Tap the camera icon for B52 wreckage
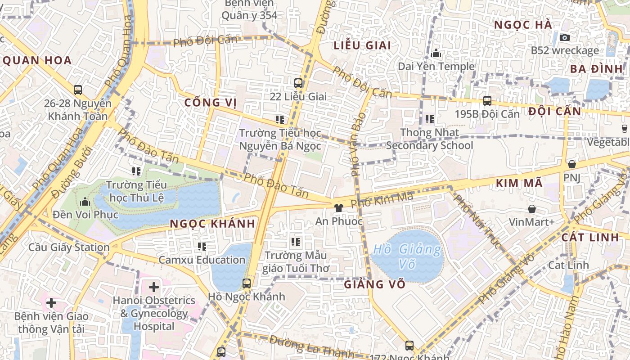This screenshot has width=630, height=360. click(565, 37)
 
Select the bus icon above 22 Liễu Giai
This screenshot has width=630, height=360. click(298, 83)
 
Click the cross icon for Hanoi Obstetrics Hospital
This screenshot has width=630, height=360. click(154, 287)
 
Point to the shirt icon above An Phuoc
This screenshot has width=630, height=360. click(339, 207)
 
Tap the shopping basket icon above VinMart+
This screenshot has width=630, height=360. click(532, 209)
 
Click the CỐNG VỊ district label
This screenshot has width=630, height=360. click(211, 103)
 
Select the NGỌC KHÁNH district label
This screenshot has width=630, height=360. click(212, 224)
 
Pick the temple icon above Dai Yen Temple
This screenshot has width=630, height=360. click(436, 54)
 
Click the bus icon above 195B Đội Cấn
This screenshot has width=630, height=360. click(487, 101)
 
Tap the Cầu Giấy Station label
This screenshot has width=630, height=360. click(69, 247)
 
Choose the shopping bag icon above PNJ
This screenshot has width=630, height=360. click(572, 164)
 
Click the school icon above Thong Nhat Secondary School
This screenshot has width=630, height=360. click(430, 119)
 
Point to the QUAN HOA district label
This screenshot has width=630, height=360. click(37, 61)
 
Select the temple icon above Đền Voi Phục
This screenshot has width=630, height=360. click(85, 201)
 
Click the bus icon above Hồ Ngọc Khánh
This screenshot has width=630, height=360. click(247, 283)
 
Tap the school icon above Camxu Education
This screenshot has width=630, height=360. click(202, 246)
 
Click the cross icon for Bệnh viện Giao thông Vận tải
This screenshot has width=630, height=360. click(51, 303)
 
